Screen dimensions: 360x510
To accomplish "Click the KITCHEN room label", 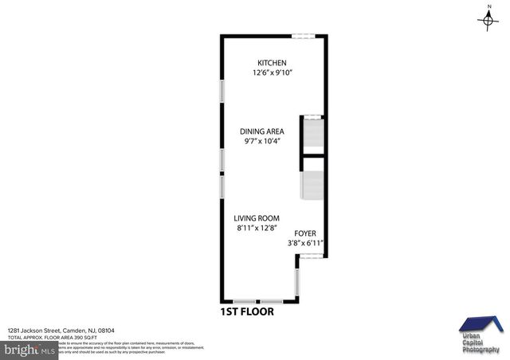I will [271, 64].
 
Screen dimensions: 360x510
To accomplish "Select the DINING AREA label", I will [262, 131].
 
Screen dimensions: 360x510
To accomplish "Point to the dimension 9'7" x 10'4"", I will [262, 142].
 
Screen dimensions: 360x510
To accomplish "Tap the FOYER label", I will [305, 233].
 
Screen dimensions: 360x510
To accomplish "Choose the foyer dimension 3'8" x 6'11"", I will [305, 244].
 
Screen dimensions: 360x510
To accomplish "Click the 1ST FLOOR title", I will [247, 311].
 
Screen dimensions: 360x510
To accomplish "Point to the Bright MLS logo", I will [29, 349].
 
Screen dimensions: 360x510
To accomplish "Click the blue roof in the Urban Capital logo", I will [481, 323].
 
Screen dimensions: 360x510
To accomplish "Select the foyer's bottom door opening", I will [310, 256].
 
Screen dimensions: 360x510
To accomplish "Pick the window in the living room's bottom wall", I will [257, 301].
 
